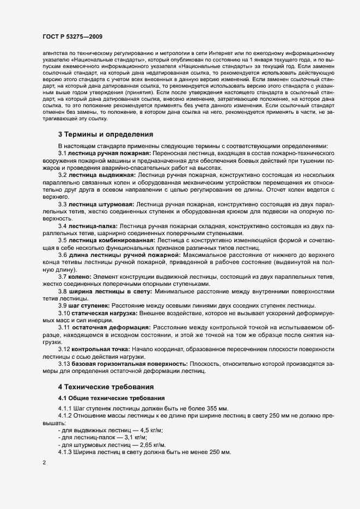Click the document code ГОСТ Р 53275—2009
point(72,36)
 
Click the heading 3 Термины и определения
point(105,134)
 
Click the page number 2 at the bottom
point(44,463)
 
